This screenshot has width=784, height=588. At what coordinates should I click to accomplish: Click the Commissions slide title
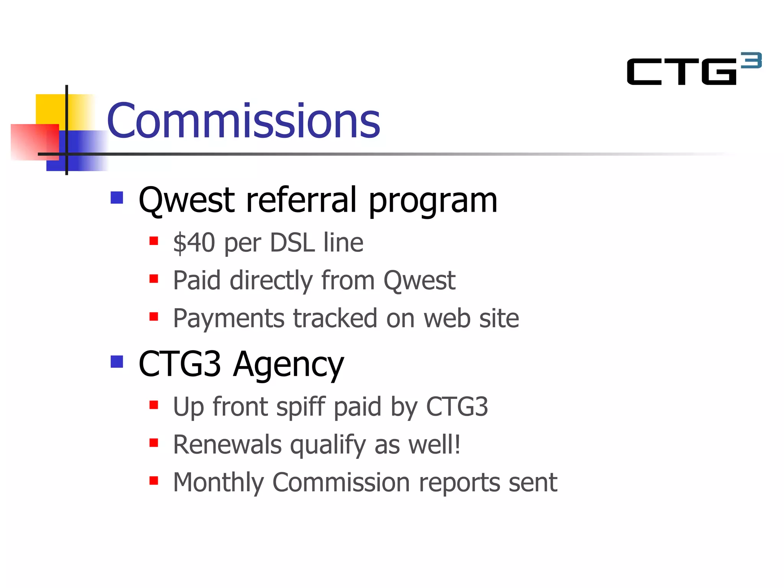[x=243, y=121]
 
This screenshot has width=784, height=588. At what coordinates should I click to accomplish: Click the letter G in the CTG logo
[x=719, y=72]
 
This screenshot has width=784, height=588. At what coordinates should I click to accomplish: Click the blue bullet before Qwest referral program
[x=117, y=198]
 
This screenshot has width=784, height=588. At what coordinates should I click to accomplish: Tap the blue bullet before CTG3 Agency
[x=117, y=361]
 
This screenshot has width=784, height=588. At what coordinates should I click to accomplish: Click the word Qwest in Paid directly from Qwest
[x=419, y=280]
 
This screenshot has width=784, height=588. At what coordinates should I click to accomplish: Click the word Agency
[x=289, y=364]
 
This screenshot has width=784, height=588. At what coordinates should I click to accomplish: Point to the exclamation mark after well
[x=457, y=444]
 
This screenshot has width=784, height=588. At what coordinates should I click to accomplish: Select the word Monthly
[x=218, y=482]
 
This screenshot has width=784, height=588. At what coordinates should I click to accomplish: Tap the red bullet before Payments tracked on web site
[x=154, y=317]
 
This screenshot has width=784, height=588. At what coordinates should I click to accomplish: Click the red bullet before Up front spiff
[x=154, y=405]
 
